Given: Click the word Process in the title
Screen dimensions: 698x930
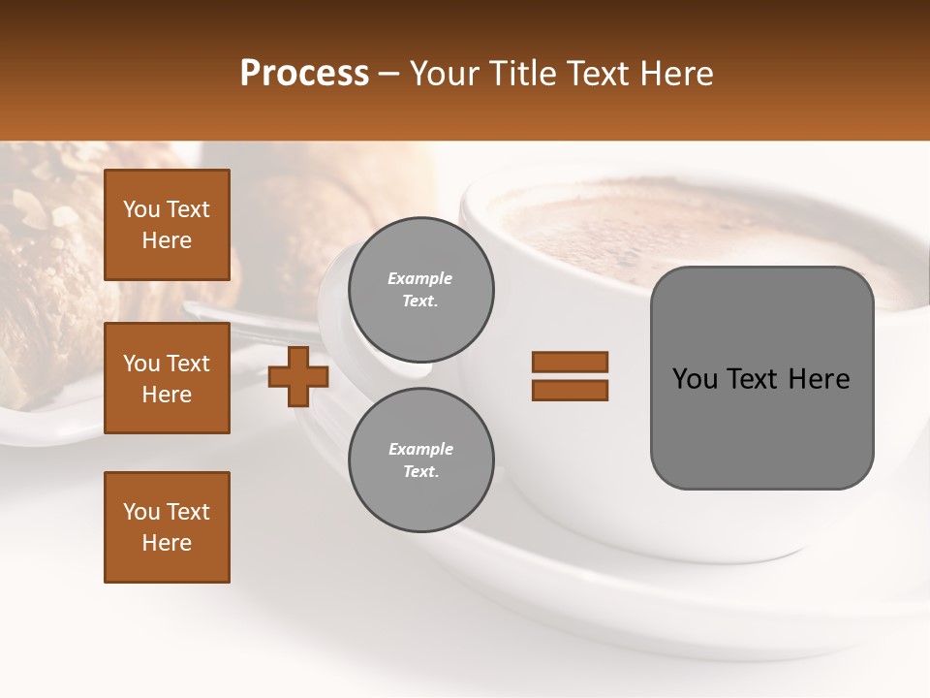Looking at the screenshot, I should (304, 74).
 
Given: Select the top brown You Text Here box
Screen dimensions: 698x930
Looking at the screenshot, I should (167, 225).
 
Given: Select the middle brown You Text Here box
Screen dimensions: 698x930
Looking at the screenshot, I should (167, 378).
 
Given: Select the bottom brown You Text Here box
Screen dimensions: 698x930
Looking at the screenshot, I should (167, 527).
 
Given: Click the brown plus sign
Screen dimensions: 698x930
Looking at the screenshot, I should (298, 377).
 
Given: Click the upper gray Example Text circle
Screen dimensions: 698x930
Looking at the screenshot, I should (421, 290).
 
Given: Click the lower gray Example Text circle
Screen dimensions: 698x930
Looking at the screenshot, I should (421, 460).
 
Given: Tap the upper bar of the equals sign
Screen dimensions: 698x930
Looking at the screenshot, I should (570, 362).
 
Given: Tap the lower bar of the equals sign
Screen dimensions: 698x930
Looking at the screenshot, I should (570, 391).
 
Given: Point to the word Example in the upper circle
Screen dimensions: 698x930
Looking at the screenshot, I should (420, 278).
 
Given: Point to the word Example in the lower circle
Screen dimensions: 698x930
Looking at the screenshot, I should (420, 449).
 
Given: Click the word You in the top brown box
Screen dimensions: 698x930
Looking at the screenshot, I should (141, 209).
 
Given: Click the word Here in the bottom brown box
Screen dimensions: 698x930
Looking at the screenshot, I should (167, 543).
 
